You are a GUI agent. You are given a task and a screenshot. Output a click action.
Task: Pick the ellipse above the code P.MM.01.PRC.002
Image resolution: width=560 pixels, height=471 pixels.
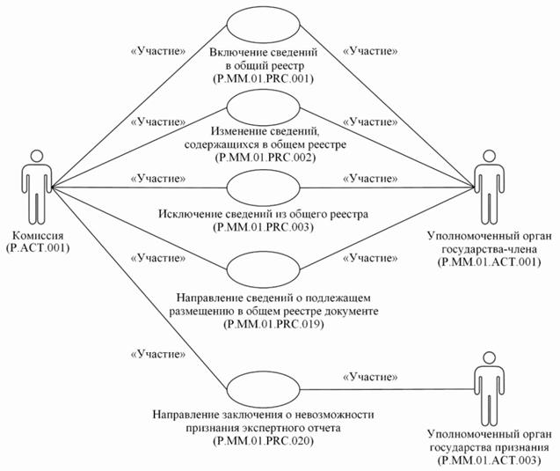point(263,107)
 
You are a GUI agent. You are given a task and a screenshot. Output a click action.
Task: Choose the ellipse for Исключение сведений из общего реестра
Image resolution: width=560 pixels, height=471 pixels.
point(263,187)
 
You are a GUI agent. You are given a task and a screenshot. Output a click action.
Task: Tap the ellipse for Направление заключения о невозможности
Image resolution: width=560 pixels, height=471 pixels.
point(263,388)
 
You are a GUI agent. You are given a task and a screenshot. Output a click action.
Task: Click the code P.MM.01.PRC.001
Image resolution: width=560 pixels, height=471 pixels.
point(264,79)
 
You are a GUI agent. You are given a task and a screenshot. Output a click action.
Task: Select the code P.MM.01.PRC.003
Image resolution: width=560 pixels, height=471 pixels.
point(264,226)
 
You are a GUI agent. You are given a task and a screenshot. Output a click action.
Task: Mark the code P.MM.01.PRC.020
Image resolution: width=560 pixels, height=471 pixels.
point(264,441)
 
